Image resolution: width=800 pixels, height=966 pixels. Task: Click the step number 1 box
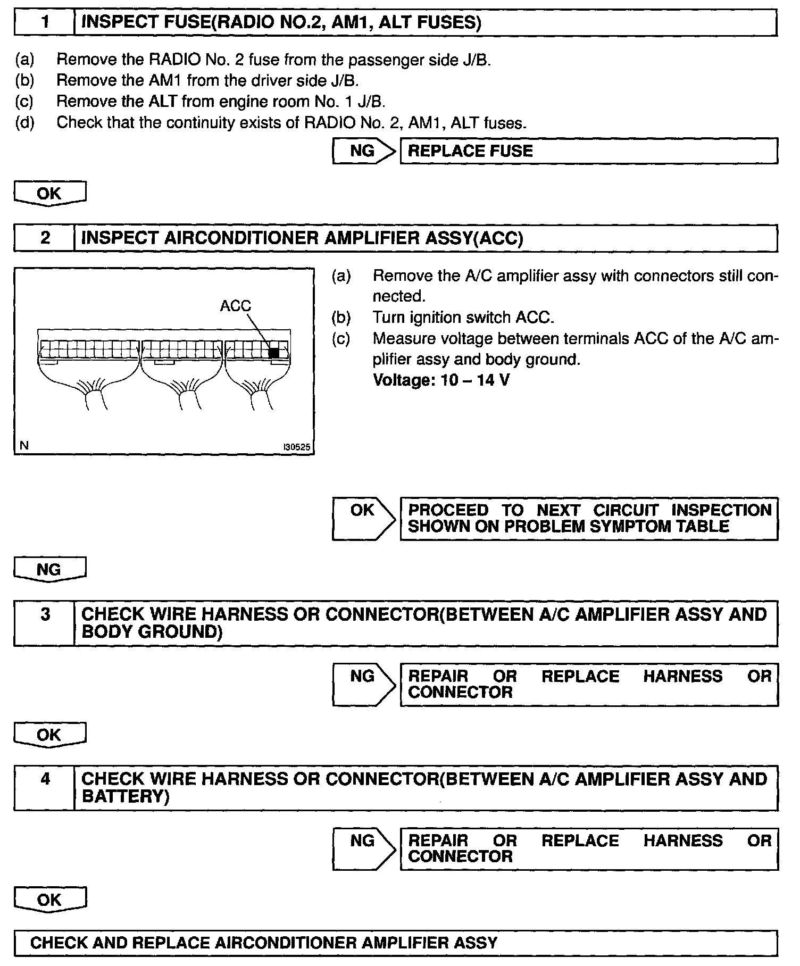pyautogui.click(x=44, y=23)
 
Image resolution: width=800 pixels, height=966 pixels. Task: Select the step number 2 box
pyautogui.click(x=44, y=238)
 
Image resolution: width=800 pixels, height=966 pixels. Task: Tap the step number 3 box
pyautogui.click(x=44, y=623)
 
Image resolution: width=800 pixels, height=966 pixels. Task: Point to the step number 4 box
pyautogui.click(x=44, y=788)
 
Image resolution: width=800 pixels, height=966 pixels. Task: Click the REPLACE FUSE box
pyautogui.click(x=588, y=151)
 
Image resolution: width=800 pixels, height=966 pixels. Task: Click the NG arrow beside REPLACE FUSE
pyautogui.click(x=364, y=151)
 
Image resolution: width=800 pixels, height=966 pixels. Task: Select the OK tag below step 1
pyautogui.click(x=49, y=194)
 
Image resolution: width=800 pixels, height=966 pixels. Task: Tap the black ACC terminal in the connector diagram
pyautogui.click(x=274, y=353)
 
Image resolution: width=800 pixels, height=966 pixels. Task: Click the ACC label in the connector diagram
pyautogui.click(x=235, y=306)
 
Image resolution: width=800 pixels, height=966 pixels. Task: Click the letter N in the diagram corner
pyautogui.click(x=24, y=446)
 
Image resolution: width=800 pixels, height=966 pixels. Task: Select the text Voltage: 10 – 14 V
pyautogui.click(x=441, y=380)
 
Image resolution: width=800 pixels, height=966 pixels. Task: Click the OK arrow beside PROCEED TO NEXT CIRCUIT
pyautogui.click(x=364, y=518)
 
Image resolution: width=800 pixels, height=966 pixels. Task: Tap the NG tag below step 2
pyautogui.click(x=49, y=570)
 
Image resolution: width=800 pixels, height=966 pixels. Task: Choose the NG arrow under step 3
pyautogui.click(x=364, y=684)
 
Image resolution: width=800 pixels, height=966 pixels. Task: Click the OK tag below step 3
pyautogui.click(x=49, y=735)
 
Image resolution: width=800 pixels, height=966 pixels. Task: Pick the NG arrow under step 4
pyautogui.click(x=364, y=848)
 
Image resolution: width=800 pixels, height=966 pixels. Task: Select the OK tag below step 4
pyautogui.click(x=49, y=900)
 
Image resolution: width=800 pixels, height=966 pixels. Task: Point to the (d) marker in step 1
pyautogui.click(x=24, y=123)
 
